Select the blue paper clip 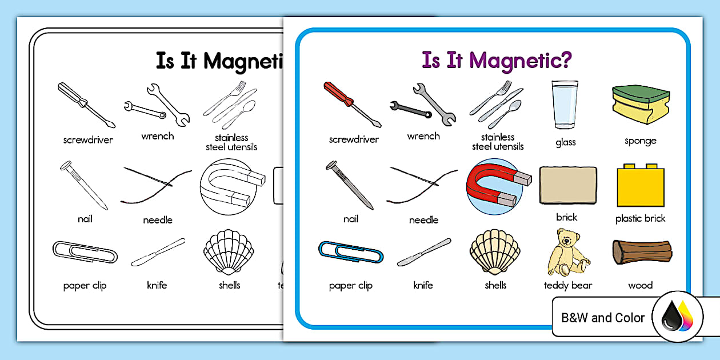point(350,252)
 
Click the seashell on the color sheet point(495,252)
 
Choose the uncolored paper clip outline point(85,252)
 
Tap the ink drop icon point(677,318)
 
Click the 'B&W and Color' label point(603,318)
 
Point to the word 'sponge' point(641,141)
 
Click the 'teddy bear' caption point(568,285)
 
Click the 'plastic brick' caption point(641,218)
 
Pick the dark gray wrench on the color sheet point(410,107)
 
